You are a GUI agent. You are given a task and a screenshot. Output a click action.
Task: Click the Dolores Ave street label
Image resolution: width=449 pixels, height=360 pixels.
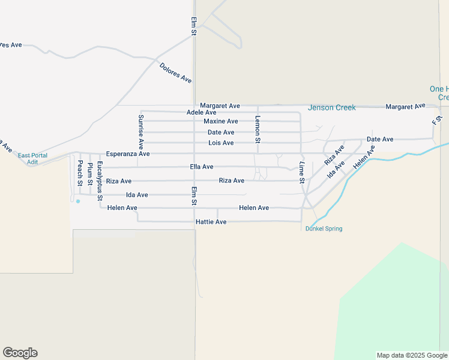tap(175, 73)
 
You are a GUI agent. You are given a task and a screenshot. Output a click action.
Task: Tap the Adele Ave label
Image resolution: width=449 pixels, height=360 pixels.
tap(202, 112)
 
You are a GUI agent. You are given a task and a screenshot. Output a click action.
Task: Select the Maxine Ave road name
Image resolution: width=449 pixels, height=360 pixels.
tap(221, 121)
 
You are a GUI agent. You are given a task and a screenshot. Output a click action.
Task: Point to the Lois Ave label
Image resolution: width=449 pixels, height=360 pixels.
tap(221, 143)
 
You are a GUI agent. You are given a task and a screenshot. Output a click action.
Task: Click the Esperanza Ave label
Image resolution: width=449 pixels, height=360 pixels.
tap(128, 154)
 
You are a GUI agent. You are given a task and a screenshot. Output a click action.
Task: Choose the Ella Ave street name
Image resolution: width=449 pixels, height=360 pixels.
tap(202, 167)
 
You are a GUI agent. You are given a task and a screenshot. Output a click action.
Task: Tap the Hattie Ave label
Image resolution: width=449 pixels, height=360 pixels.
tap(211, 222)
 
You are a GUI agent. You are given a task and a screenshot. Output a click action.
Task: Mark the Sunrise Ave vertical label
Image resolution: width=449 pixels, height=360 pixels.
tap(141, 131)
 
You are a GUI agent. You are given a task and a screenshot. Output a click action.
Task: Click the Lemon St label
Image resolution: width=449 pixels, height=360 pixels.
tap(258, 129)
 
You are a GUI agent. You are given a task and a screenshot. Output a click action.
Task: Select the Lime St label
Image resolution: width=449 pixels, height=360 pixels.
tap(302, 172)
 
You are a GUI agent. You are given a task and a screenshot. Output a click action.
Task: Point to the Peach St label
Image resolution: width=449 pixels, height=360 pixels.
tap(79, 173)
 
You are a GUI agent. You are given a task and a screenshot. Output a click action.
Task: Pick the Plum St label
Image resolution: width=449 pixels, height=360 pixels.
tap(90, 173)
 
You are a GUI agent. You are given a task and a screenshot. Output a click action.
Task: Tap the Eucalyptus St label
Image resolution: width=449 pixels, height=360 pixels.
tap(100, 180)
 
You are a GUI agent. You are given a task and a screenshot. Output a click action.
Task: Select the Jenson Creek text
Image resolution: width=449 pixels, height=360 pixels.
tap(331, 108)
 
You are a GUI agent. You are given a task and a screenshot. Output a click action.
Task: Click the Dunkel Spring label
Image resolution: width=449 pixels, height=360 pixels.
tap(324, 229)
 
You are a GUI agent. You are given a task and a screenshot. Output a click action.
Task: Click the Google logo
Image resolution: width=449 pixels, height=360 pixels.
tap(20, 353)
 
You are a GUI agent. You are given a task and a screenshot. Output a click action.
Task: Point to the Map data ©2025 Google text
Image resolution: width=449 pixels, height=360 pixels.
tap(411, 355)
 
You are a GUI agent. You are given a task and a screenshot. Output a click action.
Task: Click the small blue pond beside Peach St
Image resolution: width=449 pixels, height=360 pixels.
tap(78, 201)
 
